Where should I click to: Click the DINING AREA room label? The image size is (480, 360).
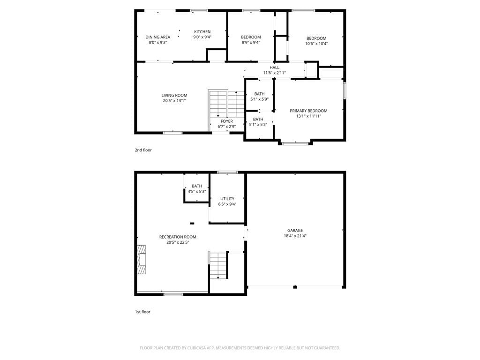[x=157, y=37]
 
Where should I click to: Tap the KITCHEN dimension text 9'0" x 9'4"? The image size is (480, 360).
[x=202, y=37]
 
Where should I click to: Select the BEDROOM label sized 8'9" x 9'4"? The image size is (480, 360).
[x=251, y=37]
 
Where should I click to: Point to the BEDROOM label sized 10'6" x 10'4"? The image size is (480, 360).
[x=316, y=38]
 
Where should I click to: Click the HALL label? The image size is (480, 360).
[x=274, y=67]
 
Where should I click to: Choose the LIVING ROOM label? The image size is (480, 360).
[x=174, y=95]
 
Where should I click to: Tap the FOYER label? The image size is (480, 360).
[x=226, y=121]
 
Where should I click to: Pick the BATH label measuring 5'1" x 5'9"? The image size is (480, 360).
[x=259, y=94]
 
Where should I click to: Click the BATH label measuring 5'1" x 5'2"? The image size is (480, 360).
[x=258, y=120]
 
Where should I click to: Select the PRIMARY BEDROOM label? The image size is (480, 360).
[x=308, y=111]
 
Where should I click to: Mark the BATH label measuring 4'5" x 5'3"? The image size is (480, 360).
[x=197, y=186]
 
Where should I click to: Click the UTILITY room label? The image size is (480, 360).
[x=227, y=199]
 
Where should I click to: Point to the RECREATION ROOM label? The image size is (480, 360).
[x=178, y=237]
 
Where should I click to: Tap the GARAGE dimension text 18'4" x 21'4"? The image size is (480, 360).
[x=295, y=236]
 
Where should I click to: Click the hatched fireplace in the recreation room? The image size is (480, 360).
[x=141, y=259]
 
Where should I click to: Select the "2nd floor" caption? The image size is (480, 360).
[x=143, y=150]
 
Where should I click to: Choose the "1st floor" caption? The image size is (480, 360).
[x=142, y=312]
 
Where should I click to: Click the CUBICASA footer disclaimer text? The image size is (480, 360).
[x=240, y=348]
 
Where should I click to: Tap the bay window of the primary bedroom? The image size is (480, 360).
[x=295, y=143]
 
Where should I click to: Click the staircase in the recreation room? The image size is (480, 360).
[x=218, y=265]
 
